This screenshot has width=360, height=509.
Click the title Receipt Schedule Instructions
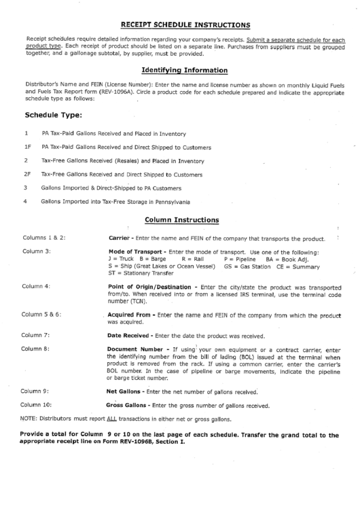click(185, 25)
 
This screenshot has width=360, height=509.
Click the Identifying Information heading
click(184, 70)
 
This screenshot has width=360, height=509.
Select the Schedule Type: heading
click(53, 116)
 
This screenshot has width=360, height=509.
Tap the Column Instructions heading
click(182, 220)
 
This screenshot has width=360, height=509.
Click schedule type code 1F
click(27, 146)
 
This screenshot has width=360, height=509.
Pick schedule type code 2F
click(27, 174)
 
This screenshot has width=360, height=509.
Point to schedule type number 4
click(25, 201)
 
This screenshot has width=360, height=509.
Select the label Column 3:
click(37, 251)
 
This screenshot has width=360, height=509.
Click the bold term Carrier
click(120, 238)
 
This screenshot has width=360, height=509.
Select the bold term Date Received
click(130, 335)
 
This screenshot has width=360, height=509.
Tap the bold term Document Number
click(136, 349)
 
